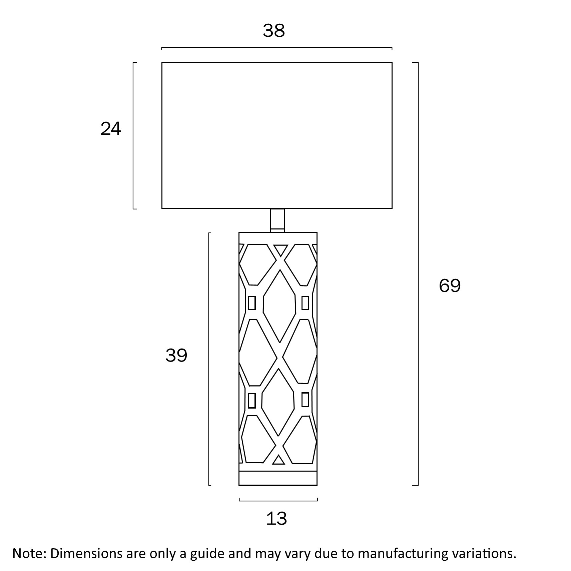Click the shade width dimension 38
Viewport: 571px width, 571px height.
pyautogui.click(x=273, y=30)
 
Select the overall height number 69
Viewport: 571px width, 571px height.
pyautogui.click(x=450, y=285)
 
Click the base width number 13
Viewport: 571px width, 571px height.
pyautogui.click(x=276, y=519)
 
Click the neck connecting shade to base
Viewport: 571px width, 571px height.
pyautogui.click(x=277, y=220)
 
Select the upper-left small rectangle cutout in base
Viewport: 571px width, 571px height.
pyautogui.click(x=252, y=303)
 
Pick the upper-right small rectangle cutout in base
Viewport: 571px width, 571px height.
pyautogui.click(x=305, y=303)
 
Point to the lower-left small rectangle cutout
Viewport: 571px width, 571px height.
pyautogui.click(x=252, y=401)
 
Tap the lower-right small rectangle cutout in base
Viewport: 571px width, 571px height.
pyautogui.click(x=305, y=400)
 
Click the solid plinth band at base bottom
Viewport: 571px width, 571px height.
pyautogui.click(x=278, y=478)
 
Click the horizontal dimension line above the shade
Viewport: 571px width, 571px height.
pyautogui.click(x=277, y=48)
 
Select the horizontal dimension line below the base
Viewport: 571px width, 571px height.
pyautogui.click(x=278, y=500)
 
